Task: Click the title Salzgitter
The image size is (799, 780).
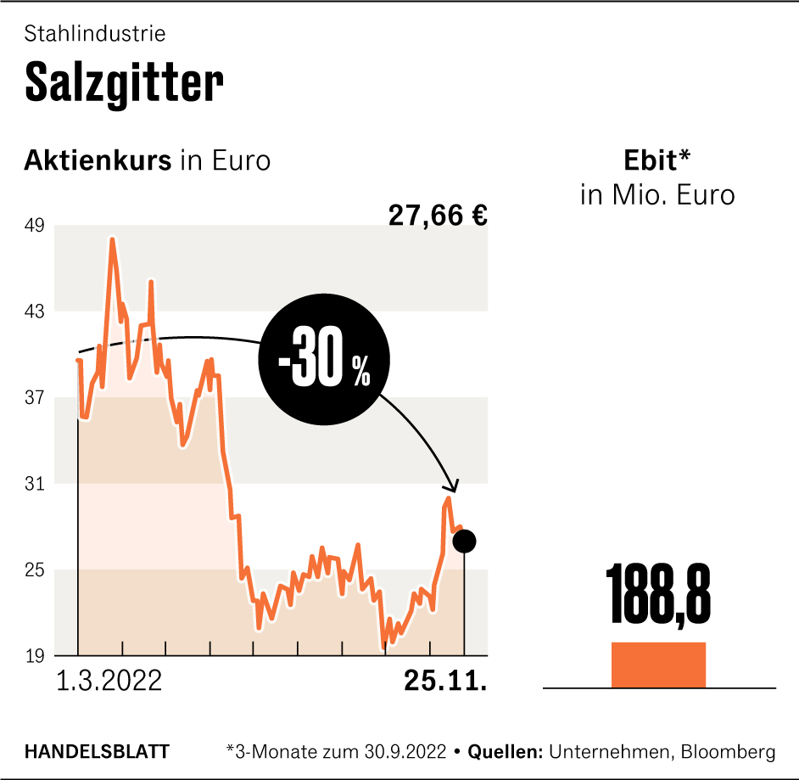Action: pos(125,81)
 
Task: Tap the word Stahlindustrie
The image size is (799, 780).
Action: pos(95,34)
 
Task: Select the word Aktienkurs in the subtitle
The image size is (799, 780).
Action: pos(98,160)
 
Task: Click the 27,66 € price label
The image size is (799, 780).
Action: pos(438,216)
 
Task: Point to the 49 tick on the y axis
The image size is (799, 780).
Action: pos(36,226)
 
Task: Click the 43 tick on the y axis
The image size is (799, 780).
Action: pos(36,311)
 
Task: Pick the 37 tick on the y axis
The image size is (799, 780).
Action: pos(36,397)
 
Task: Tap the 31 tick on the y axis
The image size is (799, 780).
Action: pos(36,484)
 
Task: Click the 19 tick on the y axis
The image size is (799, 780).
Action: pos(36,656)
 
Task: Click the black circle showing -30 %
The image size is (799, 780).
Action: pos(323,362)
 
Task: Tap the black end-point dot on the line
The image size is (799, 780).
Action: pos(465,541)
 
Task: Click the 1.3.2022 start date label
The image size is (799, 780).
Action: pos(109,681)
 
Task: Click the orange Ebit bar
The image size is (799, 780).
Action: pos(658,665)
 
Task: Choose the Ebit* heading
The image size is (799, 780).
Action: pos(658,160)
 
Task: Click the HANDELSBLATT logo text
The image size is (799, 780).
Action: pos(97,751)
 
